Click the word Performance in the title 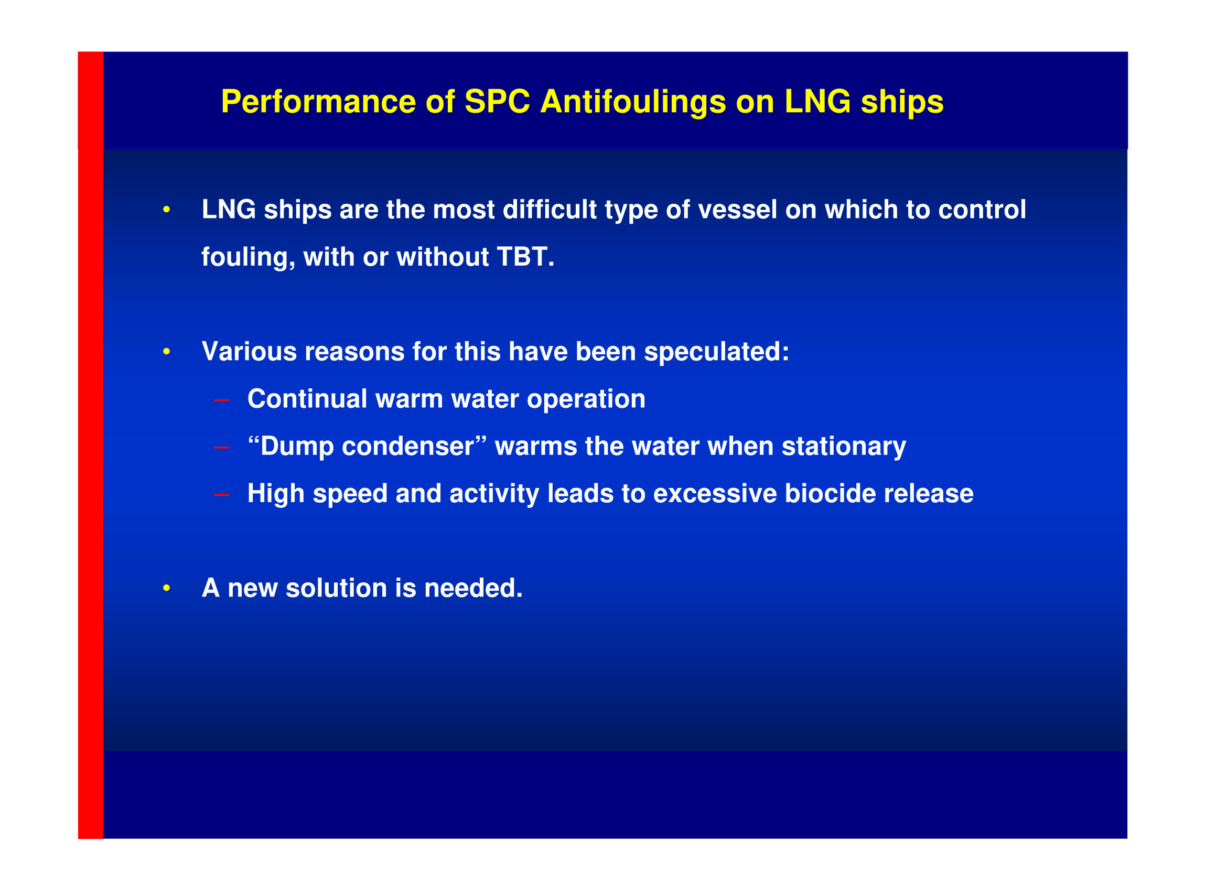318,101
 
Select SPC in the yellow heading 497,101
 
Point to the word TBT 524,257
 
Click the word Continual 307,399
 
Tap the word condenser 408,447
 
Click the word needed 473,589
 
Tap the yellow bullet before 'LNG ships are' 167,209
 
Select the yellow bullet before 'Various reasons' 167,352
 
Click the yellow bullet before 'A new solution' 167,589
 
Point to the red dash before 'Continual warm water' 222,400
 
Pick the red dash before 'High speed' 222,495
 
